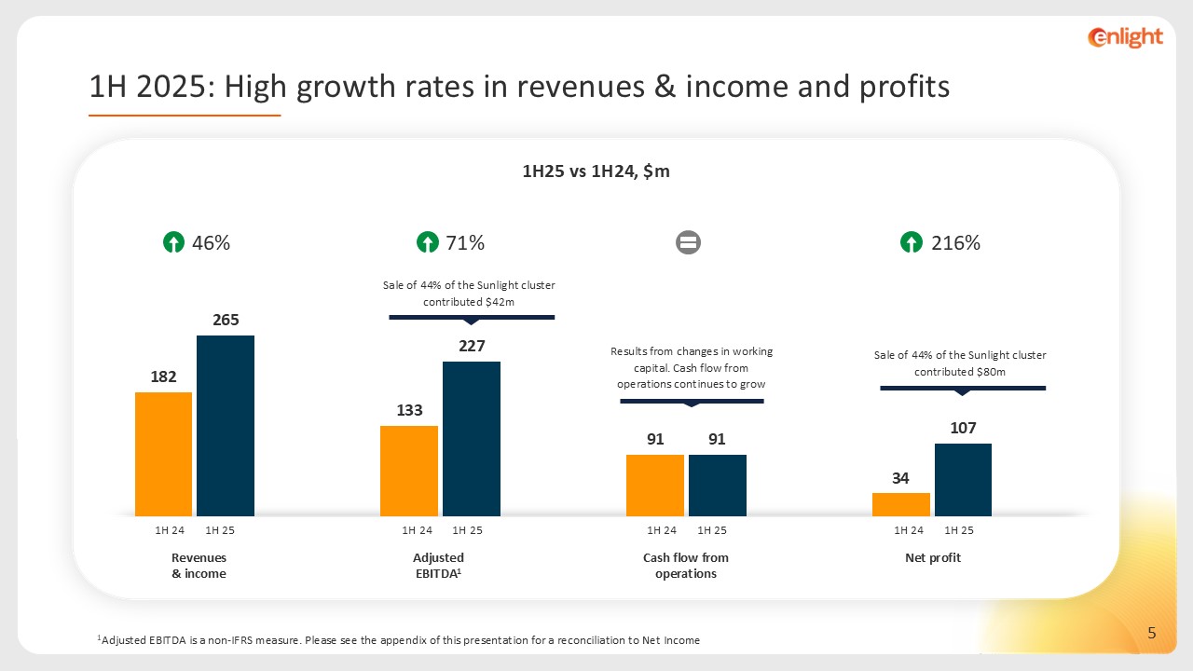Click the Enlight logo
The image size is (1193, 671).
(1125, 37)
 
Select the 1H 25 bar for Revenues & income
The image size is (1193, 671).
(225, 425)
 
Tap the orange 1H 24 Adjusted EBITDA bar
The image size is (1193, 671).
(408, 471)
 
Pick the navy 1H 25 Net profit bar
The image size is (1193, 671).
(963, 479)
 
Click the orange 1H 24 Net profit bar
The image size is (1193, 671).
(900, 504)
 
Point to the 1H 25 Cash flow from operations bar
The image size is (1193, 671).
(717, 485)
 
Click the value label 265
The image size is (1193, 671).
(226, 320)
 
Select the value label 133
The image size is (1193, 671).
(409, 410)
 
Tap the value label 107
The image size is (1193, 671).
(963, 428)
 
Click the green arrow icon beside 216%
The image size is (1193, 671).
(912, 243)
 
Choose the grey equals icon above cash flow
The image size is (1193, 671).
(688, 243)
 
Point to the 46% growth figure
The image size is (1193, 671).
(211, 243)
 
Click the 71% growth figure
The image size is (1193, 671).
(465, 243)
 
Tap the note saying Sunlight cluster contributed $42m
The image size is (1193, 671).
(470, 294)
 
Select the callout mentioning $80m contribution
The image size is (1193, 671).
(960, 363)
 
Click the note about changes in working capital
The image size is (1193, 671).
(692, 367)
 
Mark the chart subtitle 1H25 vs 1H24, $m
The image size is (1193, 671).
(596, 171)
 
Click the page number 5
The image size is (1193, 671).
(1152, 634)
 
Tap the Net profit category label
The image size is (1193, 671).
(932, 557)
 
